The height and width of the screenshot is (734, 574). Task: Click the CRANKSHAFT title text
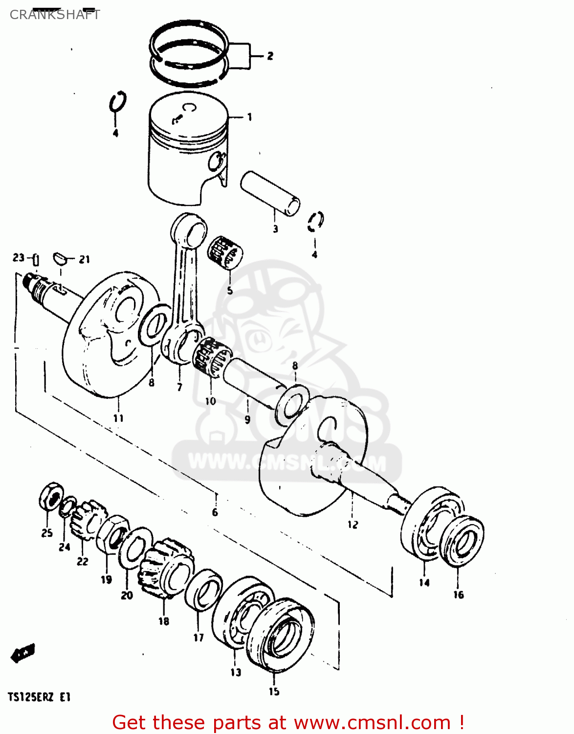click(x=55, y=15)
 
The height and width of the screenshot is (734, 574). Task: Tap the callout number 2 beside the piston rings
click(x=270, y=56)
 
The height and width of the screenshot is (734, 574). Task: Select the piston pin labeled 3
click(x=270, y=193)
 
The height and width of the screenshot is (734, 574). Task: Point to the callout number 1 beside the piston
click(x=249, y=117)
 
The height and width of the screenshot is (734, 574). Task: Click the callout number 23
click(x=18, y=257)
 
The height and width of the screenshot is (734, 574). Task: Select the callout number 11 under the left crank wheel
click(x=118, y=418)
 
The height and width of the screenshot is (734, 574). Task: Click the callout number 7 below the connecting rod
click(x=179, y=387)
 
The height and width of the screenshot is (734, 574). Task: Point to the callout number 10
click(x=210, y=401)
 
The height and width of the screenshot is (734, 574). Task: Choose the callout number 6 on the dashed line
click(x=215, y=512)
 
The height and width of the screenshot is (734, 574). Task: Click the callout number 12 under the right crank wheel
click(x=353, y=525)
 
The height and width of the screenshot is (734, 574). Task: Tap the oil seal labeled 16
click(x=462, y=541)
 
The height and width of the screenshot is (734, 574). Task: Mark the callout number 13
click(x=236, y=672)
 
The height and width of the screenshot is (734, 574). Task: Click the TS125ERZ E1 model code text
click(x=39, y=697)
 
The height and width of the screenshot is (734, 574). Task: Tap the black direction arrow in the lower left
click(x=22, y=652)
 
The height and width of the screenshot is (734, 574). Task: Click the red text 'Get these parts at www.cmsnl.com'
click(x=287, y=722)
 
